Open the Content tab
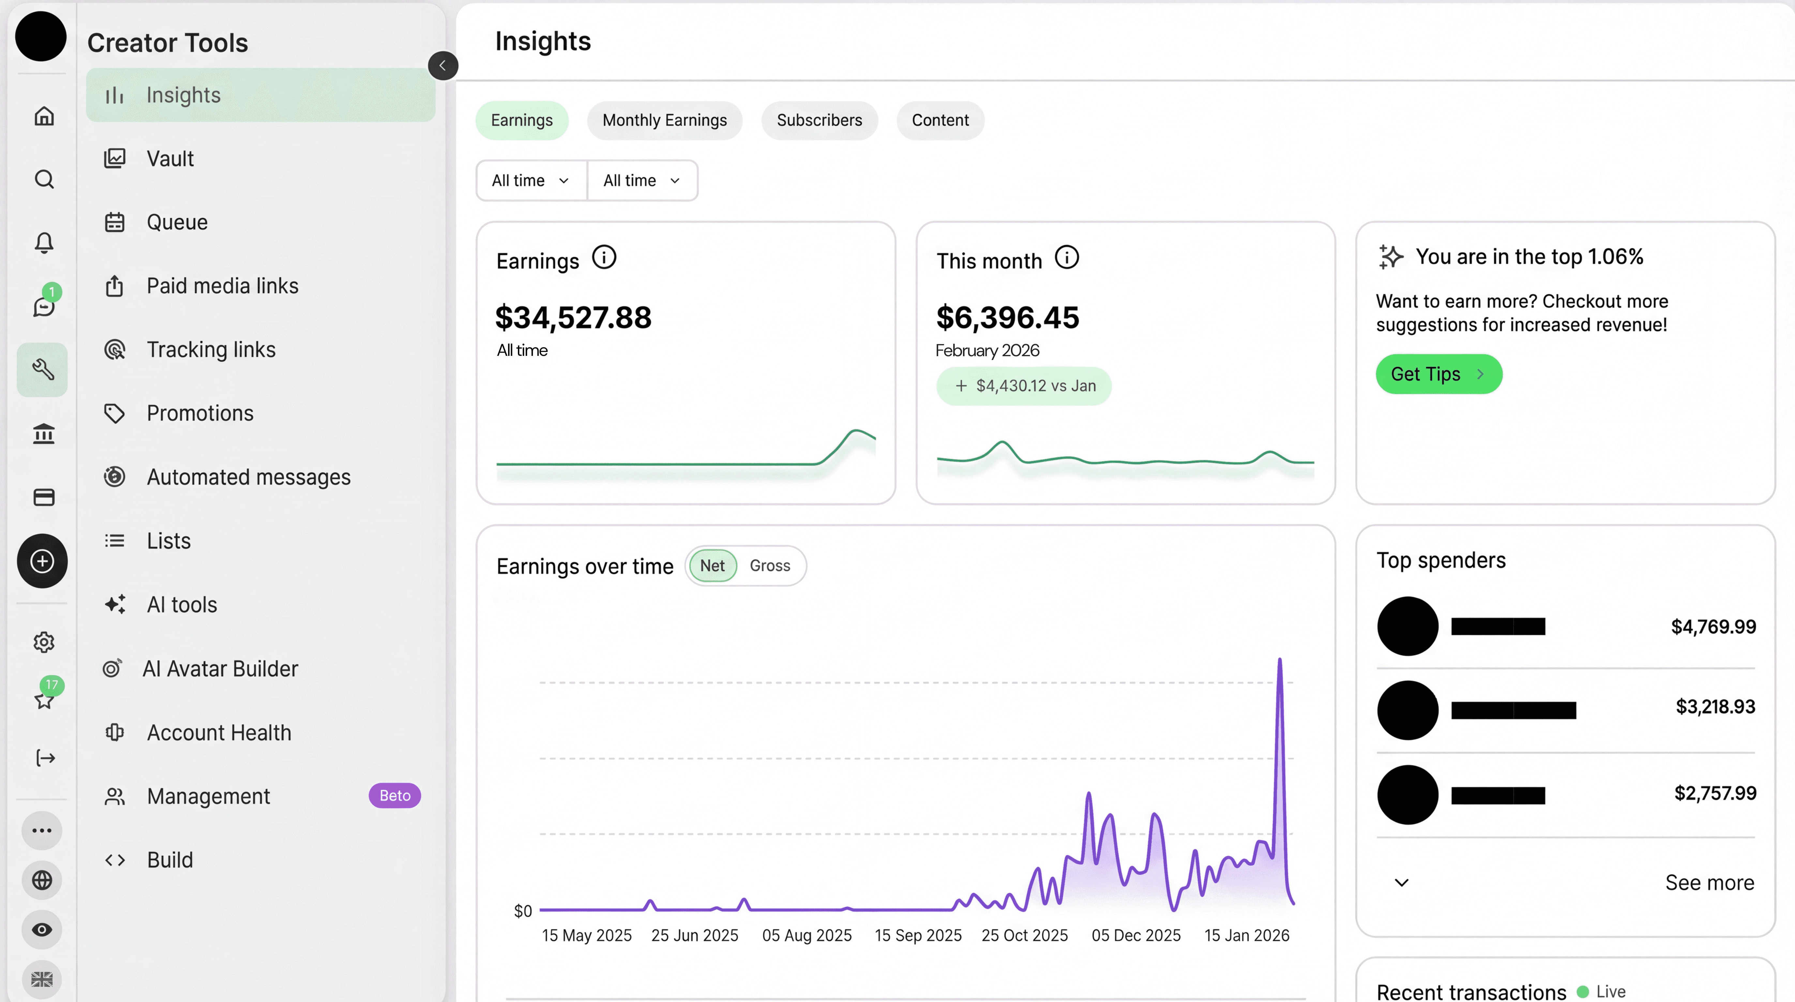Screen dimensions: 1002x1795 pyautogui.click(x=940, y=121)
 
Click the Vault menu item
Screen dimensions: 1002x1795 pyautogui.click(x=170, y=159)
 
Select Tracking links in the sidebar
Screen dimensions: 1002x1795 pyautogui.click(x=210, y=350)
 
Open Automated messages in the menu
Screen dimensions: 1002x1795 pyautogui.click(x=248, y=477)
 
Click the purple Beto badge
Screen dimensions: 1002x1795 pyautogui.click(x=394, y=796)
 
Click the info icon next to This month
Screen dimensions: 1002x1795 pyautogui.click(x=1066, y=258)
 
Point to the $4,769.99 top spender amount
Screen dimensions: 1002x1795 pyautogui.click(x=1713, y=627)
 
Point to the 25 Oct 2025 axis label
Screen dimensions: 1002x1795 pyautogui.click(x=1024, y=935)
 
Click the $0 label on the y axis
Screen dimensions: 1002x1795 pyautogui.click(x=522, y=911)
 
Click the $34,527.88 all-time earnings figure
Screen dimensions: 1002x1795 pyautogui.click(x=573, y=318)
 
